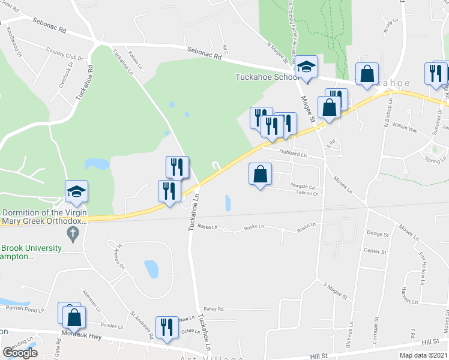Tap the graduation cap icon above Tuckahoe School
click(306, 68)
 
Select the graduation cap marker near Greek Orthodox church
click(76, 192)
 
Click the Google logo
click(20, 353)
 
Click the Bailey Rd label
click(214, 309)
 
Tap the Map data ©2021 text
click(423, 355)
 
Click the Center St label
click(375, 251)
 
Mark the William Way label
click(404, 127)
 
